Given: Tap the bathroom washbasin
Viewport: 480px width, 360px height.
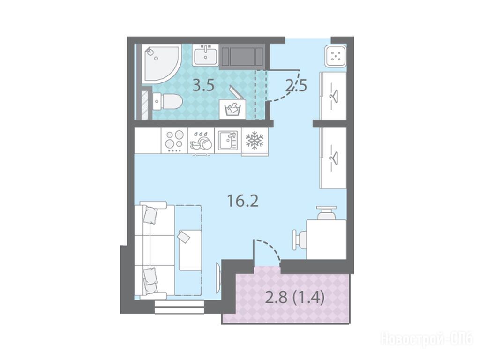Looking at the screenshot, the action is click(205, 55).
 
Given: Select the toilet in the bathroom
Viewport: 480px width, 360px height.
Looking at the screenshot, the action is click(167, 101).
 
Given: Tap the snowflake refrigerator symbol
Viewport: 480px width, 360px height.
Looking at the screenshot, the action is click(255, 141).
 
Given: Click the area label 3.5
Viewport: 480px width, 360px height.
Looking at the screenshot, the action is click(203, 86).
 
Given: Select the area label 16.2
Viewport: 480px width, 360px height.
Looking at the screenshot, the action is click(243, 201).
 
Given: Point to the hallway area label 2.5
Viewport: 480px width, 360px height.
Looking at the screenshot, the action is click(296, 86).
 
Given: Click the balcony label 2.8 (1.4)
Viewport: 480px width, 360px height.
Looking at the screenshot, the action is click(294, 297).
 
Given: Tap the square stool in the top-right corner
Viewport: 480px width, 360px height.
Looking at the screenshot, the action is click(336, 55).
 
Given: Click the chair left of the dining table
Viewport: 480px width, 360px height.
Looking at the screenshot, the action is click(300, 240).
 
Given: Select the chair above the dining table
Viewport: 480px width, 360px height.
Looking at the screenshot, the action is click(326, 213).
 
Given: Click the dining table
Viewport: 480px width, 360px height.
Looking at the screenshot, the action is click(326, 240).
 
